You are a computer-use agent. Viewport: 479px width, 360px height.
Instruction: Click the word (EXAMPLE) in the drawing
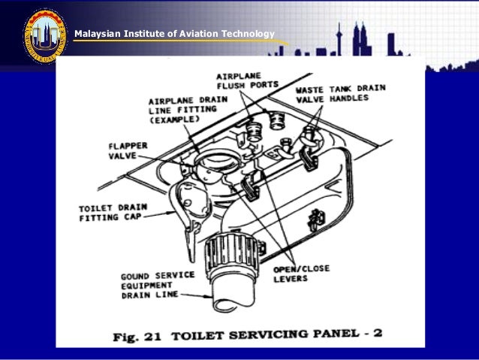click(x=174, y=119)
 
